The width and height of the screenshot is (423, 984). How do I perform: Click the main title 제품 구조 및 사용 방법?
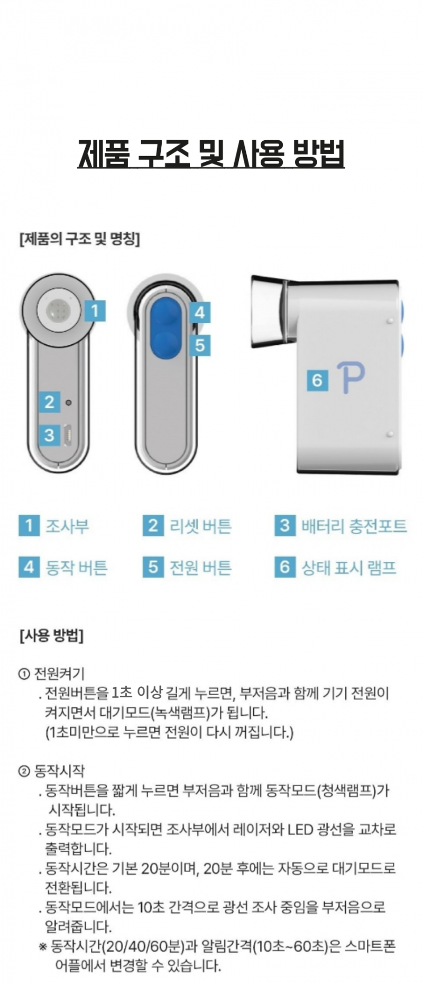click(x=212, y=153)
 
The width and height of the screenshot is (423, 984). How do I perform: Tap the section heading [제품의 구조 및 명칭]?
click(x=79, y=239)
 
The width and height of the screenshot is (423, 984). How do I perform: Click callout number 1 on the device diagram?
click(x=95, y=311)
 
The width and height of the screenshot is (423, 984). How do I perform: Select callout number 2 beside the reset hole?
click(x=49, y=402)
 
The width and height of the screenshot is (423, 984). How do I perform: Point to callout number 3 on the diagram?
click(x=49, y=435)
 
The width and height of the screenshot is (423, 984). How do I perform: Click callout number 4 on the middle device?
click(x=199, y=313)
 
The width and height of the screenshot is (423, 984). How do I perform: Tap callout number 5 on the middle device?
click(x=199, y=345)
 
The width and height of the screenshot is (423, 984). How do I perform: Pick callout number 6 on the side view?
click(x=317, y=380)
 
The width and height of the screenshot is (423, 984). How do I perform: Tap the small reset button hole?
click(x=68, y=403)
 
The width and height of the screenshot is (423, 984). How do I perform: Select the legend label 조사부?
click(x=67, y=526)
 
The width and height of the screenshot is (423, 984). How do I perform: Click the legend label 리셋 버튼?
click(x=200, y=526)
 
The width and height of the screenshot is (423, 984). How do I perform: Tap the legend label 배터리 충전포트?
click(x=354, y=526)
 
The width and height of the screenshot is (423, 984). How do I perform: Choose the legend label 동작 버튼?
click(x=77, y=568)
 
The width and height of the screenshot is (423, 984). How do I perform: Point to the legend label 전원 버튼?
click(x=200, y=568)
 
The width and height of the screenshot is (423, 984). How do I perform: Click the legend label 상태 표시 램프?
click(x=349, y=568)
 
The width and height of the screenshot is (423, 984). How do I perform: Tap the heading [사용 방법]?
click(x=51, y=635)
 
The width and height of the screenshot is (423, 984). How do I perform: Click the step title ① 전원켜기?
click(x=51, y=673)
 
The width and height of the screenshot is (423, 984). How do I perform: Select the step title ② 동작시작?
click(x=51, y=771)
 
